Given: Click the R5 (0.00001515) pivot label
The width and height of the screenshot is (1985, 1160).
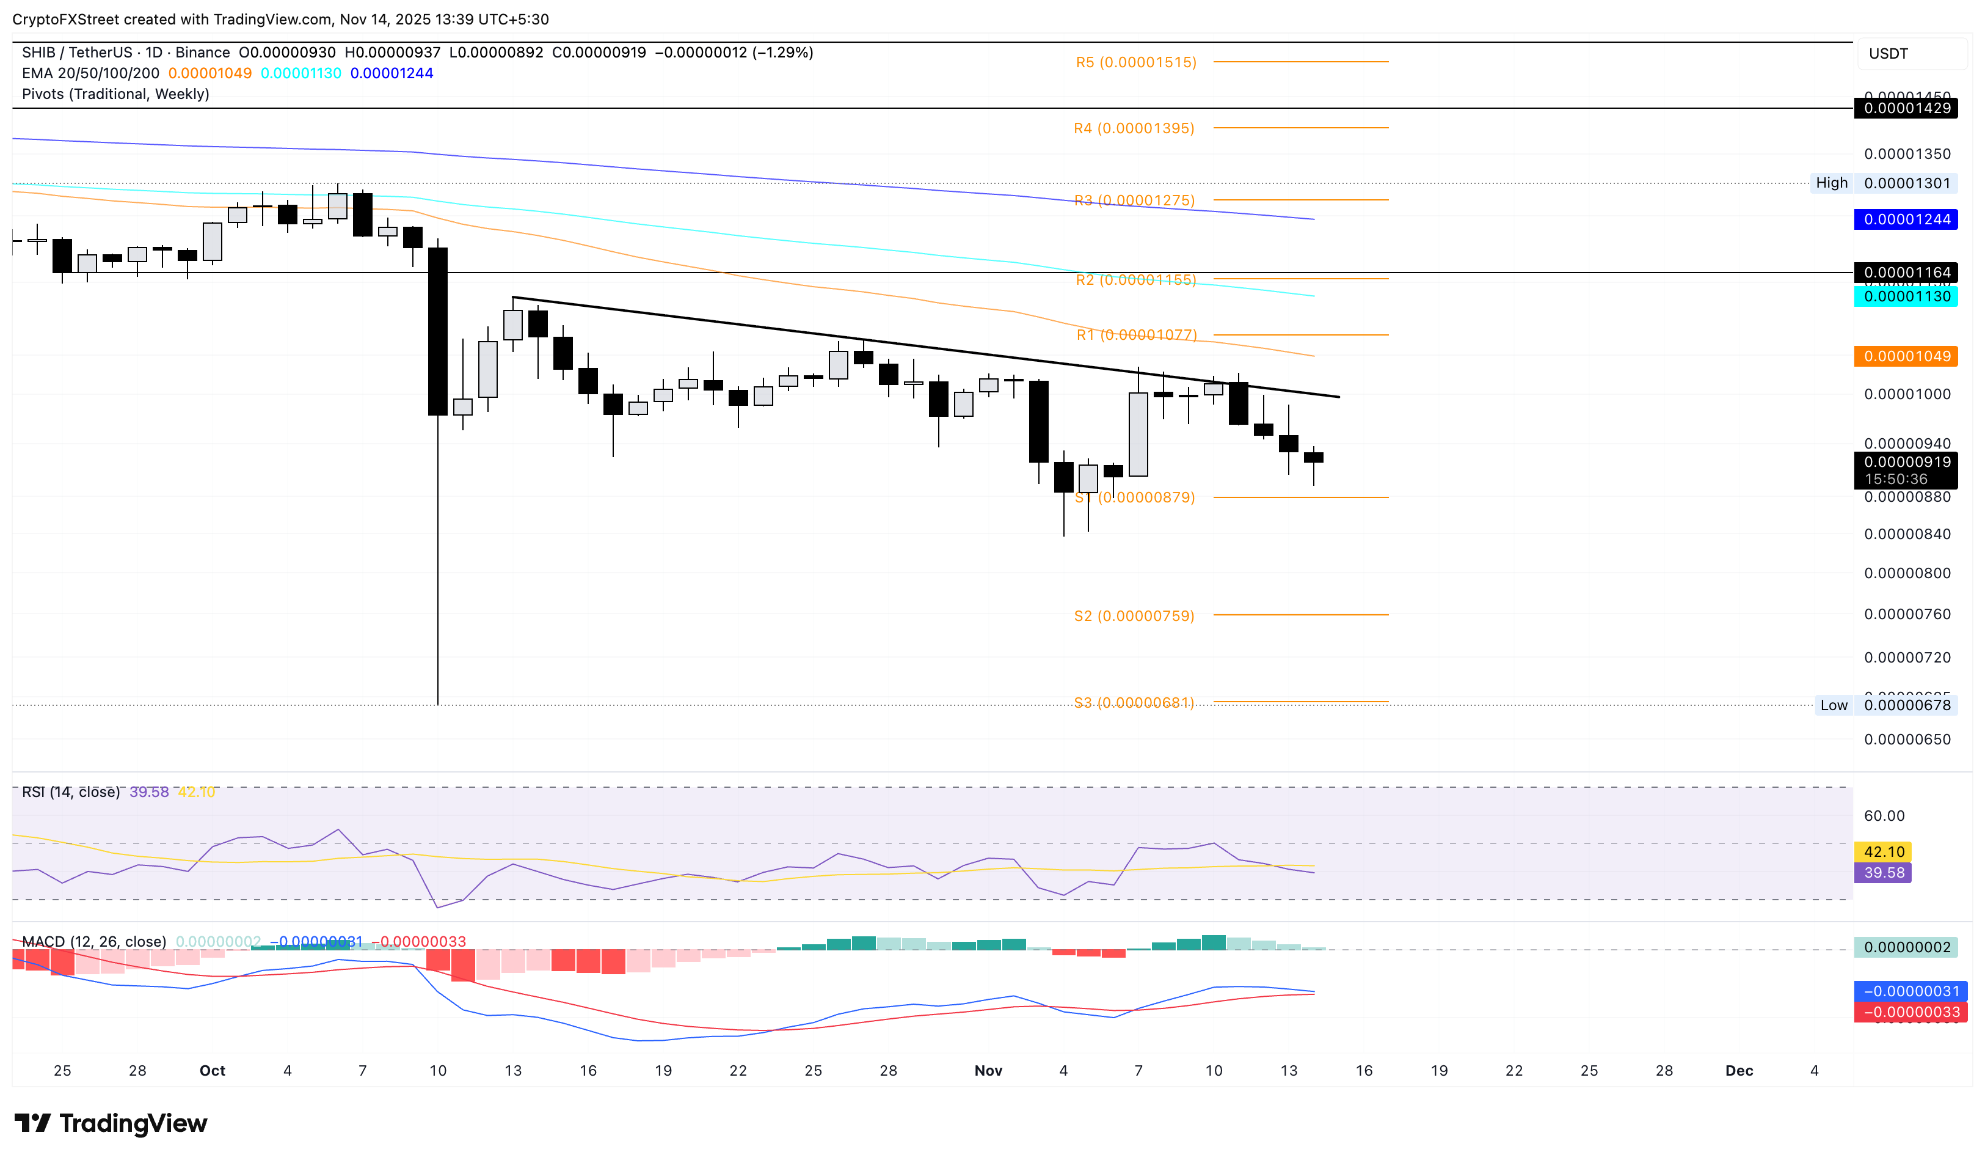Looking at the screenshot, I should tap(1136, 62).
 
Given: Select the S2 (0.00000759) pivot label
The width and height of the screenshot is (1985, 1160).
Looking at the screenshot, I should tap(1134, 615).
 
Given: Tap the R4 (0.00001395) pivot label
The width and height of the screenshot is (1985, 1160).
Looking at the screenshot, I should tap(1134, 128).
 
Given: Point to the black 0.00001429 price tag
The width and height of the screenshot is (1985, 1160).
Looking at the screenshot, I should tap(1906, 109).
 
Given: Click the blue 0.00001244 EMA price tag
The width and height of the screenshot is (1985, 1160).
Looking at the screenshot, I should tap(1906, 219).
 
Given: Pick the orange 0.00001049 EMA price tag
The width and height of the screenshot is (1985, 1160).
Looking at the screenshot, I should tap(1906, 356).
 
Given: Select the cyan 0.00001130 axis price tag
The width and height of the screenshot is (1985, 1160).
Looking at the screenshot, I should tap(1906, 297).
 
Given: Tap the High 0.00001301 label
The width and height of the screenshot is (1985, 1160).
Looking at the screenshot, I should tap(1882, 183).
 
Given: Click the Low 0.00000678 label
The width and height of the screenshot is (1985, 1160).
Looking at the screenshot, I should tap(1884, 705).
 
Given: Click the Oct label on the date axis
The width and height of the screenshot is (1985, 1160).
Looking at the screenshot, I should tap(212, 1070).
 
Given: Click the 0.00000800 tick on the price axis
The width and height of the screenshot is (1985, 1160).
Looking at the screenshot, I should tap(1906, 573).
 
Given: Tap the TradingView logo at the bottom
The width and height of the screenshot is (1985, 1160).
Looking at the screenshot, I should tap(111, 1123).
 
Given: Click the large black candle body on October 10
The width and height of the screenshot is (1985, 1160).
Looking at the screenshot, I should tap(438, 331).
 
